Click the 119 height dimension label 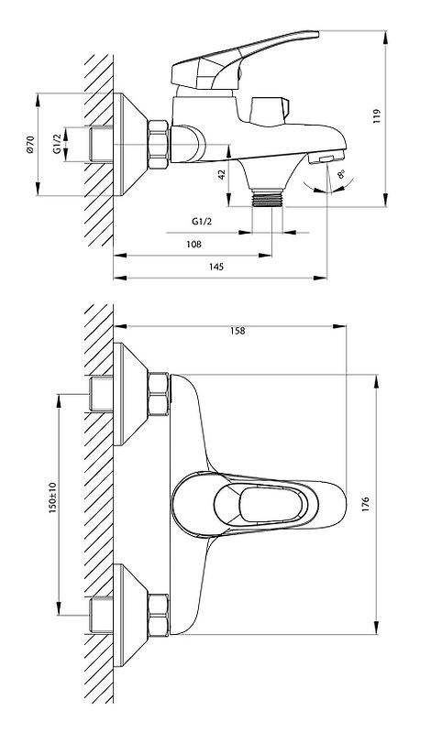point(377,116)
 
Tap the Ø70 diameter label point(30,144)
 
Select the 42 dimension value point(222,174)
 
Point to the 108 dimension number point(193,244)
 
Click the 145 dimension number point(216,267)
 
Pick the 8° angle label point(341,175)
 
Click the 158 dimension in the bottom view point(238,331)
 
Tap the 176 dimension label point(365,505)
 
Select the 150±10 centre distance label point(52,498)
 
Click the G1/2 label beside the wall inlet point(57,144)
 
